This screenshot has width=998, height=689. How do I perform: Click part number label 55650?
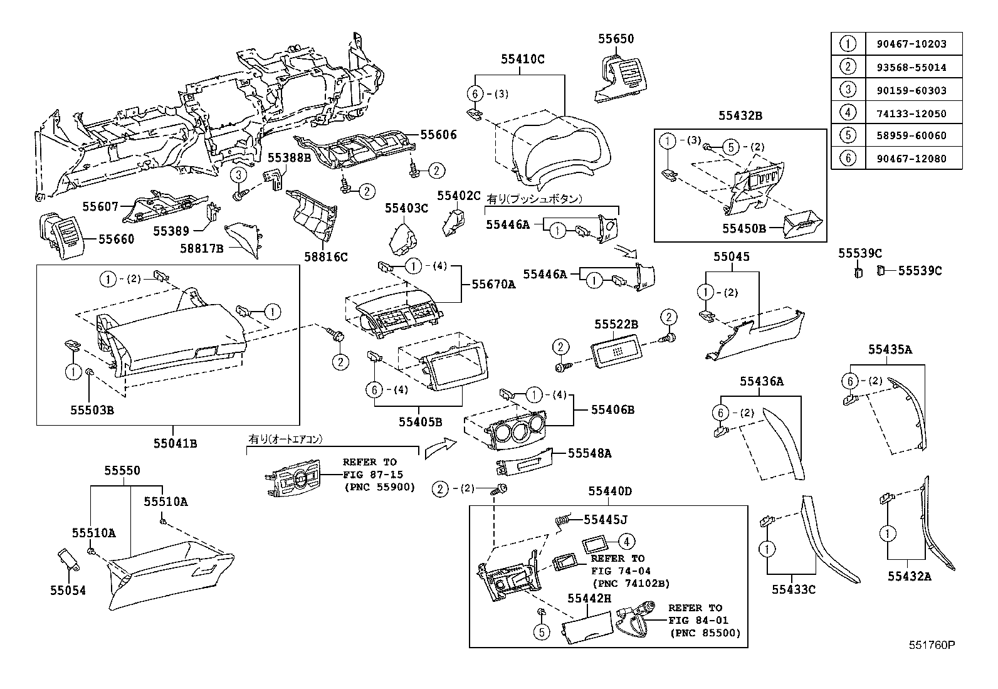click(615, 38)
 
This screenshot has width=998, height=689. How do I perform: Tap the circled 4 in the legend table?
click(848, 113)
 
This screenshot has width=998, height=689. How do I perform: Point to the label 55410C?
click(522, 60)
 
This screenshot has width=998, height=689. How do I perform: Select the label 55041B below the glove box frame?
click(176, 443)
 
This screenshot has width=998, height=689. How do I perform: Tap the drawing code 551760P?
click(932, 644)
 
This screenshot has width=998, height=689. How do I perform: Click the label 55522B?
click(616, 324)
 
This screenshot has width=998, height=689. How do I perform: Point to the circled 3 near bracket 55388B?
click(238, 174)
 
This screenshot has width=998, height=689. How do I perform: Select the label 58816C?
click(325, 256)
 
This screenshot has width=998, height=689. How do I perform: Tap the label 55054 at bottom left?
click(68, 590)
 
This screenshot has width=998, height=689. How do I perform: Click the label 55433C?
click(793, 589)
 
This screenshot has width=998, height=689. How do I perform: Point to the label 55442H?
click(589, 599)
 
